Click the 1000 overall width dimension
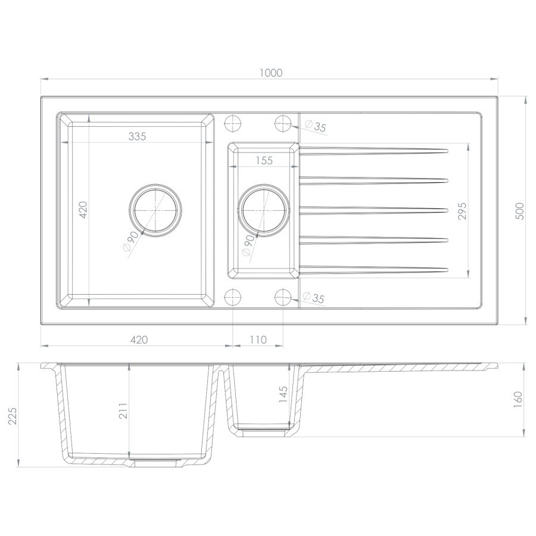tap(271, 73)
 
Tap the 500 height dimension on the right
tap(519, 211)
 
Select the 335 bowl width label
tap(137, 136)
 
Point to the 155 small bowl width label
tap(264, 160)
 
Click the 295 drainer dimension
tap(462, 211)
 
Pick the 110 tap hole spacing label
tap(258, 340)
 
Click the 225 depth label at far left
tap(13, 416)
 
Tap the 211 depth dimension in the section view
tap(123, 411)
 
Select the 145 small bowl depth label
tap(283, 394)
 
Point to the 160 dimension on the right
tap(518, 399)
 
